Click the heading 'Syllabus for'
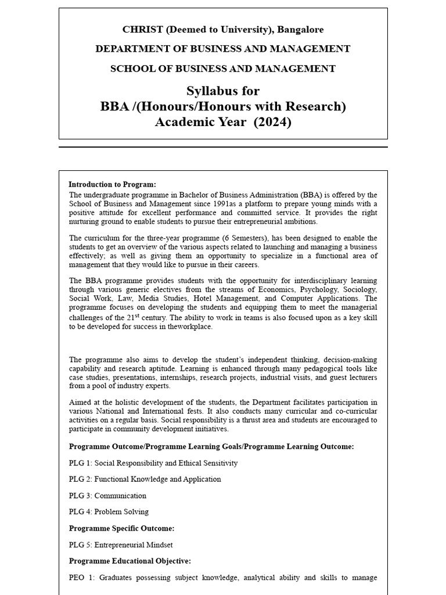pyautogui.click(x=223, y=91)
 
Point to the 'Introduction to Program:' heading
pyautogui.click(x=112, y=184)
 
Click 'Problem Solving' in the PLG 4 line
pyautogui.click(x=121, y=512)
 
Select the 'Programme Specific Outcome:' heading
pyautogui.click(x=121, y=528)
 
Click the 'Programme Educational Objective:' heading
pyautogui.click(x=130, y=561)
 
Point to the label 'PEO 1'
pyautogui.click(x=80, y=578)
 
